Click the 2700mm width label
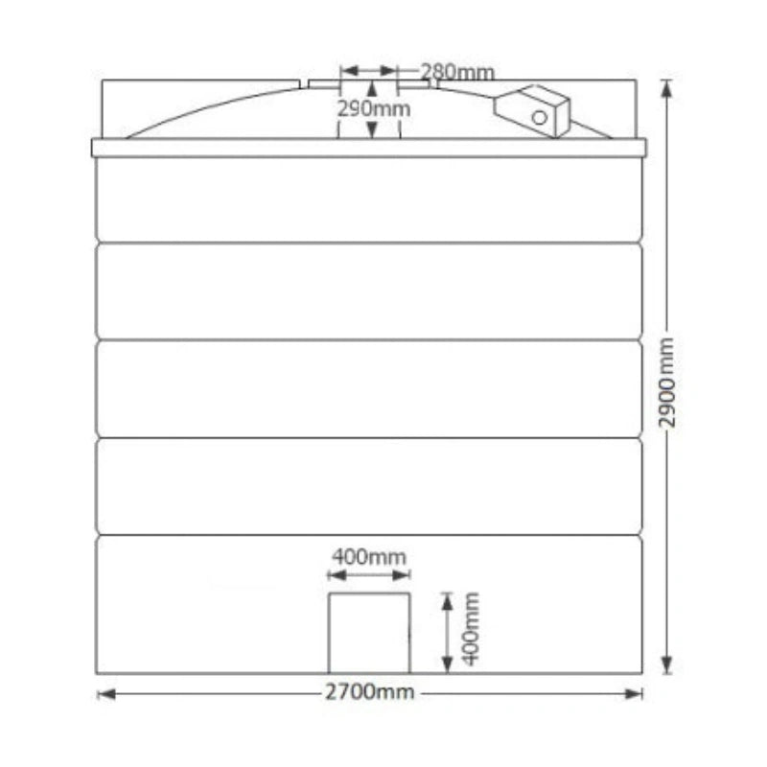pos(370,692)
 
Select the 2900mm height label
pos(666,383)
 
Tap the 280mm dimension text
pos(457,73)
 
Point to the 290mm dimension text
pos(374,108)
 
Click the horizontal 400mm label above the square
pos(369,557)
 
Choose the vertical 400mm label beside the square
pos(471,629)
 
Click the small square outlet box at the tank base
pos(369,634)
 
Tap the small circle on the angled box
pos(540,118)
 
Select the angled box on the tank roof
pos(532,111)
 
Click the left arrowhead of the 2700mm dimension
pos(106,694)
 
